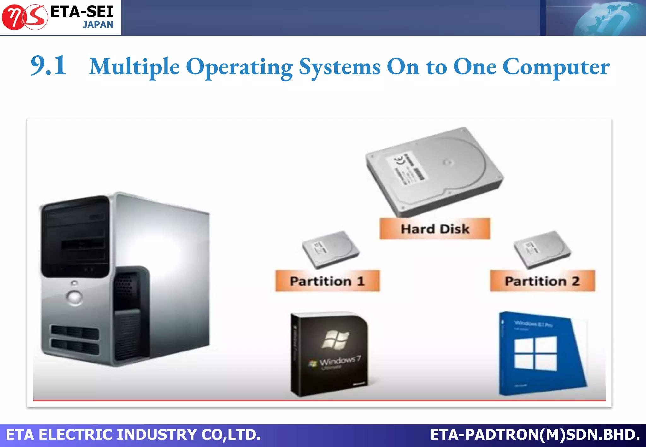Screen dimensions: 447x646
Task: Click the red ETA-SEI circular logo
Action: point(25,17)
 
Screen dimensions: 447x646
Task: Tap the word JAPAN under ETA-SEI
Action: point(98,25)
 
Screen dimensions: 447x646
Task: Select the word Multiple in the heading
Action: point(134,67)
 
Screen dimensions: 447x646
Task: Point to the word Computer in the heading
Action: point(556,67)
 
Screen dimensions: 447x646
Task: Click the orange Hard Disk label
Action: point(435,229)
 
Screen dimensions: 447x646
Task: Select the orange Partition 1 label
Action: point(327,281)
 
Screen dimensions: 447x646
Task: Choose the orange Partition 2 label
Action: point(542,281)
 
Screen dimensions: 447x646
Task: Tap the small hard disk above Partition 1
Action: point(330,249)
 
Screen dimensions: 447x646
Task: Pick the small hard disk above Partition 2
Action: point(542,249)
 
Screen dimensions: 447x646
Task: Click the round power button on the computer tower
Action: point(75,297)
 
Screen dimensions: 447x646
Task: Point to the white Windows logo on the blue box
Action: point(536,353)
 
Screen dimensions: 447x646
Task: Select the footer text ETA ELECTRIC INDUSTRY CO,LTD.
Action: point(133,435)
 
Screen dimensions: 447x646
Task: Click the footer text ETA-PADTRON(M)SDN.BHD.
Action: point(535,435)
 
